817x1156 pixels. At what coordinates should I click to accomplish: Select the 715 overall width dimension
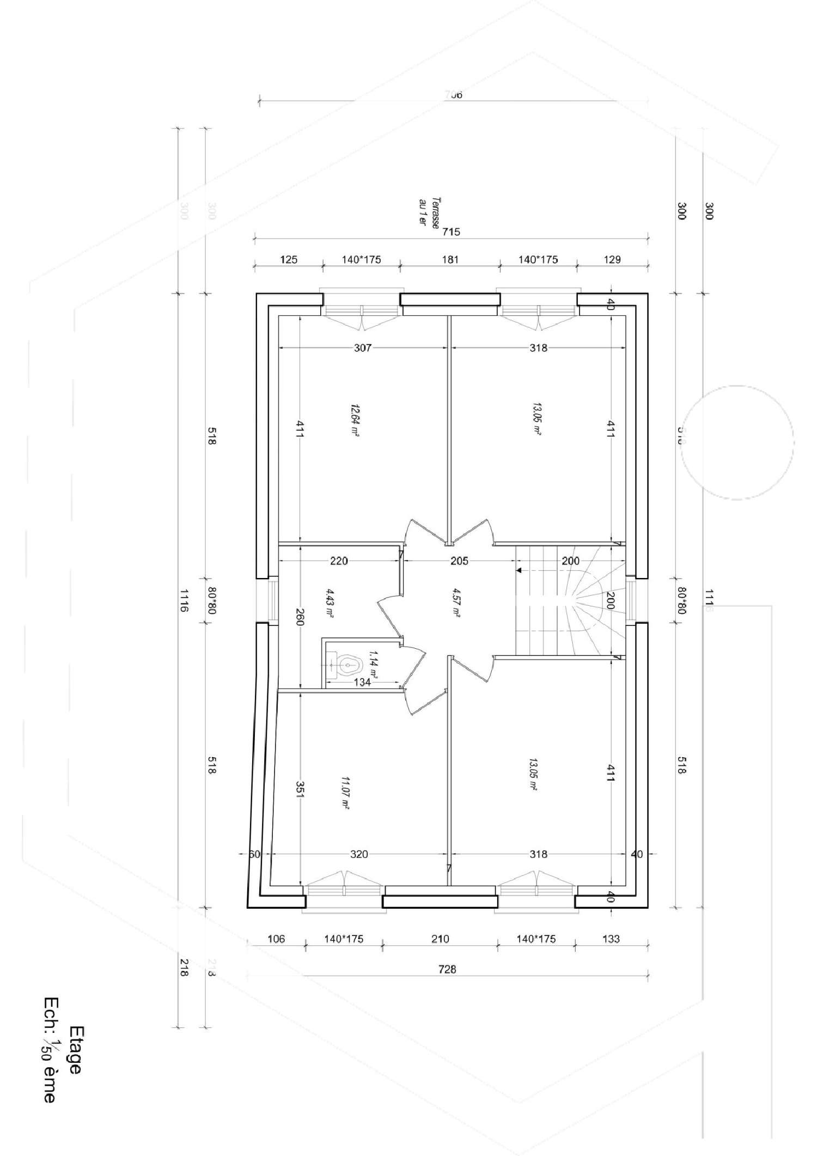click(x=451, y=232)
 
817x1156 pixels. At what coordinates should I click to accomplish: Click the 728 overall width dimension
click(x=447, y=970)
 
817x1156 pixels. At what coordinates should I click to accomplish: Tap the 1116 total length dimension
click(x=184, y=600)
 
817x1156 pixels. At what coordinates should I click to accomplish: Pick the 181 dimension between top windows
click(x=450, y=260)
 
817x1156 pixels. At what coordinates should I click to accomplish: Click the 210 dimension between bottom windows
click(x=440, y=939)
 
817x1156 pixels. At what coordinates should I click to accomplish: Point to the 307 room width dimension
click(x=363, y=348)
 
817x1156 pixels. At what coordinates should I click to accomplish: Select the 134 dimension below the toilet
click(x=363, y=682)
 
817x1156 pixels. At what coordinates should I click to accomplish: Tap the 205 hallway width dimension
click(x=459, y=561)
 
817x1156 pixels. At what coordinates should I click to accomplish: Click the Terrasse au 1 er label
click(x=428, y=212)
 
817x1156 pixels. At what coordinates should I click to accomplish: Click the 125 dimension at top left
click(x=289, y=260)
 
